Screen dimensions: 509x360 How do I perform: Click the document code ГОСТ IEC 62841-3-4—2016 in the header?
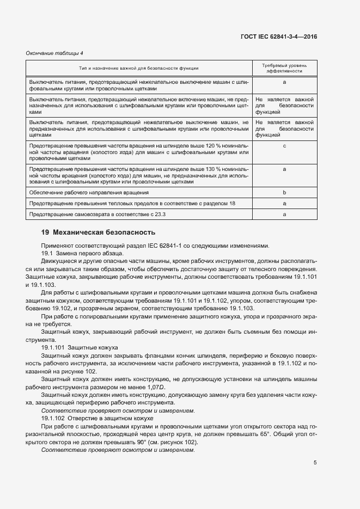click(x=279, y=36)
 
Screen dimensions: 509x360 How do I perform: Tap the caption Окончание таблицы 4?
click(x=55, y=53)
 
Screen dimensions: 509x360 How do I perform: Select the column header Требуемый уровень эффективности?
click(x=284, y=68)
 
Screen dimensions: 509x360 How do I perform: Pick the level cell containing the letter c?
click(x=284, y=146)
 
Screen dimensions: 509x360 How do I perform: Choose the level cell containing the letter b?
click(x=284, y=193)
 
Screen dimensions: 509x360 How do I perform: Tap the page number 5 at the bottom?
click(x=315, y=463)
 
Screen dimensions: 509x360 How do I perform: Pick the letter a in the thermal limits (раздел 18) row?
click(x=284, y=204)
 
